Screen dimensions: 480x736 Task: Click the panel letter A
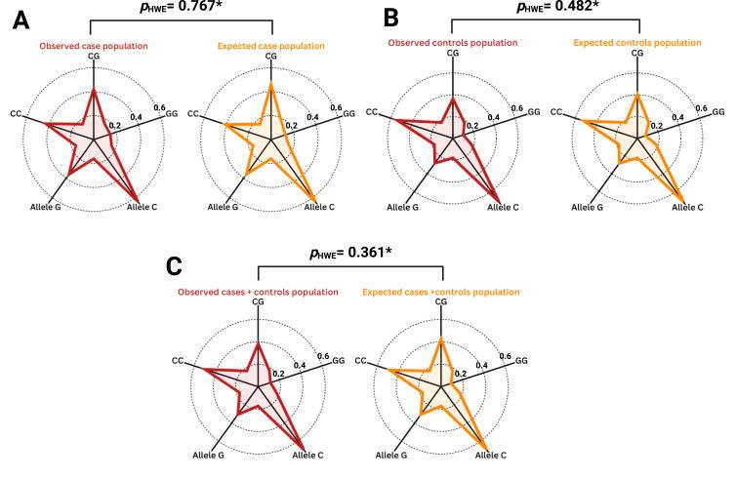pos(20,22)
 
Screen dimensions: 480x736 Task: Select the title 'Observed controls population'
pos(452,43)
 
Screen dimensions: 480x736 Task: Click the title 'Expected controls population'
pos(636,43)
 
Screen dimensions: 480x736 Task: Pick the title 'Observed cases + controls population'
pos(258,292)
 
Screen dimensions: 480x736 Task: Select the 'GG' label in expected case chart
pos(348,115)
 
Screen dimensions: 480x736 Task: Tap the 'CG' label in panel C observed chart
pos(258,303)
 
